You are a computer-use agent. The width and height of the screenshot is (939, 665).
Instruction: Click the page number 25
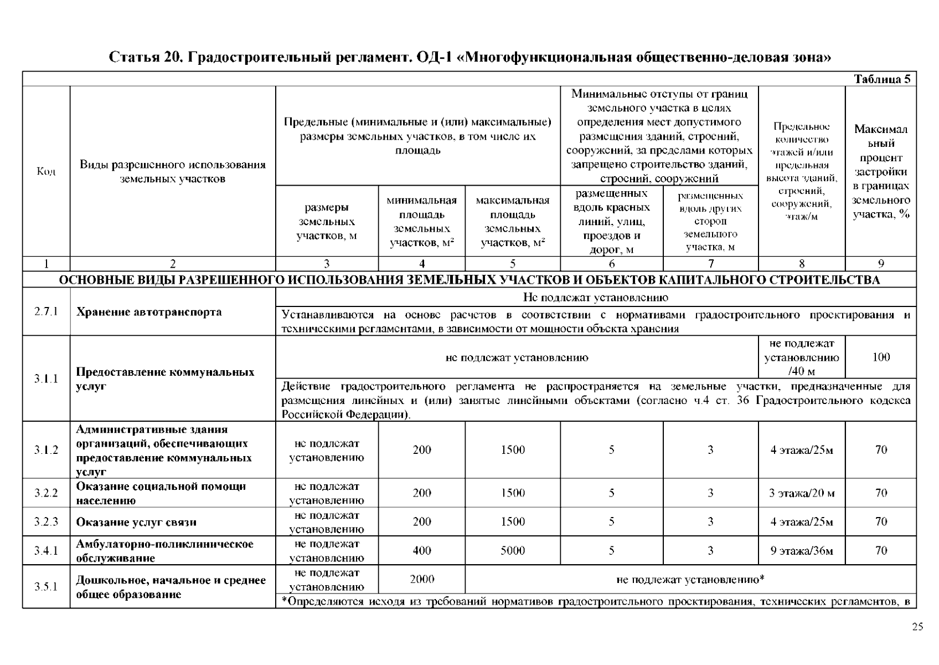[917, 627]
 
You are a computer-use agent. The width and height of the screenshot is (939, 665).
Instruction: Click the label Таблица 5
[882, 79]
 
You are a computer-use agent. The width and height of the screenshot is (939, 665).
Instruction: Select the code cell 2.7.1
[46, 311]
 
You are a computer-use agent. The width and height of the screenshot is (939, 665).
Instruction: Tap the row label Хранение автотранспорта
[149, 312]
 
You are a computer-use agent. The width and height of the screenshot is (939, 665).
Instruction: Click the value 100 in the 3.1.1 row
[880, 357]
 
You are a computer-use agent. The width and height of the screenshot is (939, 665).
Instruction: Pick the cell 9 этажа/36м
[801, 551]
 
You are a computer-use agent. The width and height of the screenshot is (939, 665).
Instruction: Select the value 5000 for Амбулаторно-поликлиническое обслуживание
[512, 551]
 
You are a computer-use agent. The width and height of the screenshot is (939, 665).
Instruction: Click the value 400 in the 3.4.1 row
[421, 551]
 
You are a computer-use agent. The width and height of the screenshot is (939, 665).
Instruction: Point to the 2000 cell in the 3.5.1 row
[421, 580]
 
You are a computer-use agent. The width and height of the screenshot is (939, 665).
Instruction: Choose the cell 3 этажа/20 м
[801, 493]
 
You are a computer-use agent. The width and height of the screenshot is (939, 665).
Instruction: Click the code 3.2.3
[46, 522]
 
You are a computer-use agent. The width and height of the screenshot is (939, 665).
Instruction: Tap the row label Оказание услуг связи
[136, 522]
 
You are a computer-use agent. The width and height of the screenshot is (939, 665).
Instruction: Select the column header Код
[46, 171]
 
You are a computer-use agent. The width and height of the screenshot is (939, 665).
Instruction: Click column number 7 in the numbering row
[710, 264]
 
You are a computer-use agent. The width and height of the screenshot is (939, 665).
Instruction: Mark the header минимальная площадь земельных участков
[421, 221]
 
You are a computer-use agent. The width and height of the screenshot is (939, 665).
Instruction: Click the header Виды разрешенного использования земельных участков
[173, 172]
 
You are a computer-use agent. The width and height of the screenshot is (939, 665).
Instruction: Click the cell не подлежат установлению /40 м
[801, 357]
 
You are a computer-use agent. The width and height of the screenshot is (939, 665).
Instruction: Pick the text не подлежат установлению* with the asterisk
[690, 580]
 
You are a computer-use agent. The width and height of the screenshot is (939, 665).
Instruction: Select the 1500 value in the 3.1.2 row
[512, 450]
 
